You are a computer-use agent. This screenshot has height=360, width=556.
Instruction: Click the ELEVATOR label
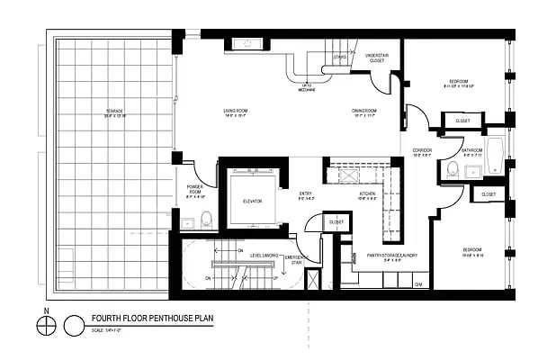tap(252, 201)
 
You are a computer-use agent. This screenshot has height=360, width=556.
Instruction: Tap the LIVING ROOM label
tap(236, 112)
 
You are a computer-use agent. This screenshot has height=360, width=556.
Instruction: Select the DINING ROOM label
tap(363, 112)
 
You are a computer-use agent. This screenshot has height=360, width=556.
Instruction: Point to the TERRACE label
tap(113, 112)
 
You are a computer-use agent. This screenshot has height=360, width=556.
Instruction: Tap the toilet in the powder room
tap(206, 218)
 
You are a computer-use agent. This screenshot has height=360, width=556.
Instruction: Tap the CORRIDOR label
tap(423, 150)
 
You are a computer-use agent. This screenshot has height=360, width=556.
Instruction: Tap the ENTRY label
tap(306, 193)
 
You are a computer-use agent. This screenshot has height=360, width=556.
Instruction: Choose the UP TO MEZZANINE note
tap(306, 87)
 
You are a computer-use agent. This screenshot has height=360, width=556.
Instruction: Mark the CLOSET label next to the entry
tap(336, 220)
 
